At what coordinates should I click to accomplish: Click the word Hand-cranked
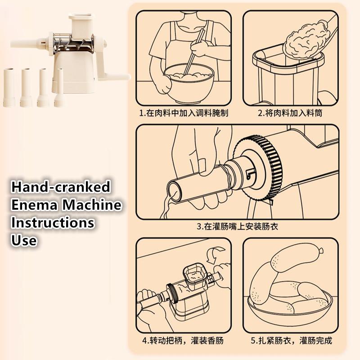(61, 187)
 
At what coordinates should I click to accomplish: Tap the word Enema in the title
(34, 205)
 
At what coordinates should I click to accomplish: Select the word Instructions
(53, 222)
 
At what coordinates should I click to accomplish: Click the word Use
(24, 240)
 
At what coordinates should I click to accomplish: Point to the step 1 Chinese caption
(184, 113)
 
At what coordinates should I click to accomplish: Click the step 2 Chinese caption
(290, 113)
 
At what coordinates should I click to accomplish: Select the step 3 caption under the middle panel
(238, 226)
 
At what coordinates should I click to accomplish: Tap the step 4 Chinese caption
(183, 340)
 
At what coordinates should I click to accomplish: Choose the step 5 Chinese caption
(291, 340)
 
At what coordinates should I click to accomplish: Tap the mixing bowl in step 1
(189, 84)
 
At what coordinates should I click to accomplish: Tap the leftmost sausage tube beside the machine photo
(9, 87)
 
